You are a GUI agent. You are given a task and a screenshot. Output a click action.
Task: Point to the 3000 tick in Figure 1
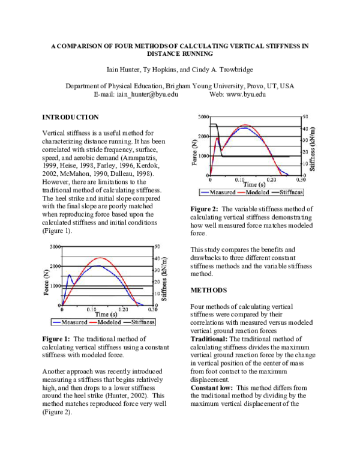(53, 247)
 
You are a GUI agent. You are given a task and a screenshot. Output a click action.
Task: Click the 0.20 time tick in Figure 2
(271, 180)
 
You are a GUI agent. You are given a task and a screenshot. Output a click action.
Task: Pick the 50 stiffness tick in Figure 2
(305, 116)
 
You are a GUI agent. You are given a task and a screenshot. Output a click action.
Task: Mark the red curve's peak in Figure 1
(99, 258)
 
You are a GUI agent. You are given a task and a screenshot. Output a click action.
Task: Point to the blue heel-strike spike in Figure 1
(69, 276)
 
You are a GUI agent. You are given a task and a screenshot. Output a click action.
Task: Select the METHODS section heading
(208, 290)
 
